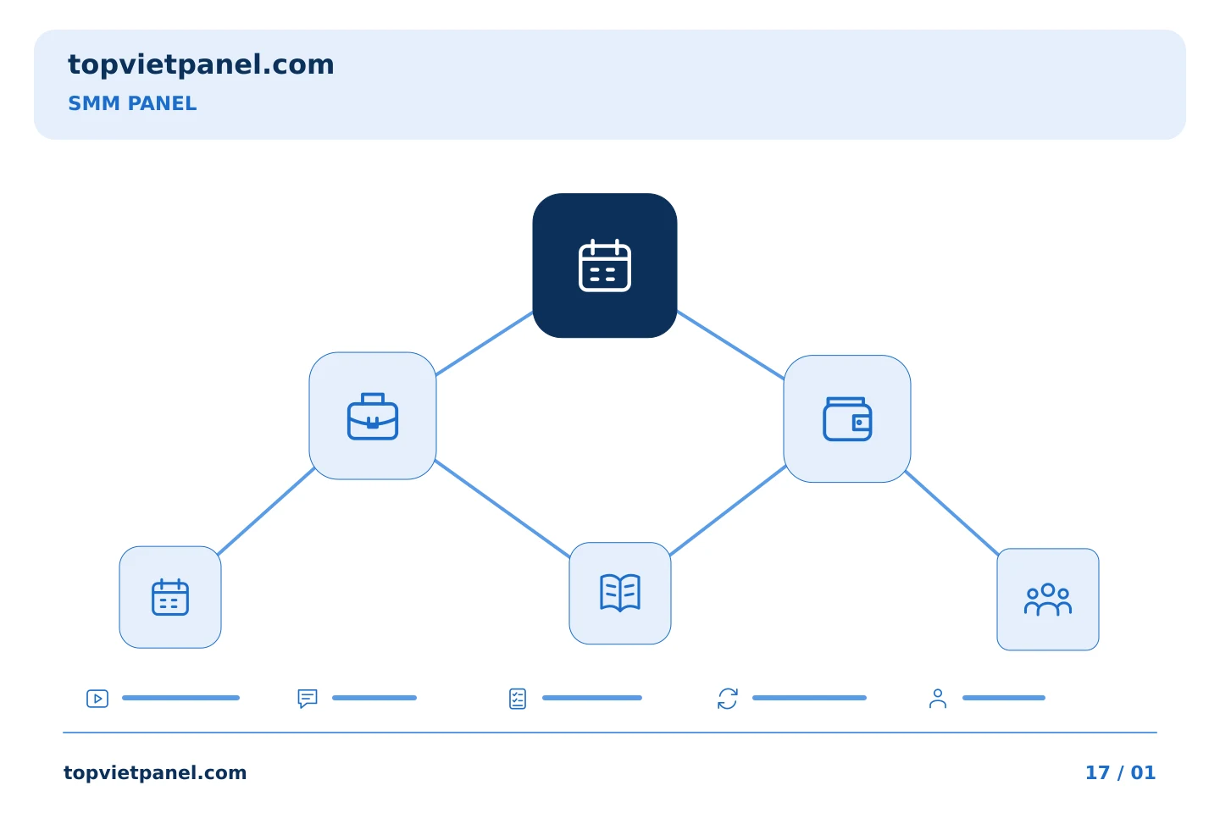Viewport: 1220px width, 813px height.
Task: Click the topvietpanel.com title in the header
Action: pos(201,65)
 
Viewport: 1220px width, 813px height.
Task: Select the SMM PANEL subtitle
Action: pos(132,103)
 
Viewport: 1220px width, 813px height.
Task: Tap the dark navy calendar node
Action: pos(605,265)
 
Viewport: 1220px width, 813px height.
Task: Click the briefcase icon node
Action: pos(373,416)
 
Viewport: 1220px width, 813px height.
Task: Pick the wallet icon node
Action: pos(847,418)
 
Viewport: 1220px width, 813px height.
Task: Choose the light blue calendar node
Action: pos(170,597)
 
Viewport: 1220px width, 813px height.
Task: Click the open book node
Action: pos(620,593)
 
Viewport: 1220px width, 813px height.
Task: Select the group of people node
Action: pos(1048,599)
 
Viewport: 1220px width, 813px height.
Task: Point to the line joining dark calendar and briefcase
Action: pos(485,343)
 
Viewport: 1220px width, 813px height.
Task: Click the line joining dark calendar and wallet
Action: pos(730,345)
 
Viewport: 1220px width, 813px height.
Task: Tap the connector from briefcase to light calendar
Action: pos(266,512)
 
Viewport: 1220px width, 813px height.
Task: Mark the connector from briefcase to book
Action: pos(502,509)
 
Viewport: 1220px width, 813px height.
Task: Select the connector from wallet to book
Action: pos(728,510)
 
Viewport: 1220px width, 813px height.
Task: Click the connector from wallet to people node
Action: pos(951,513)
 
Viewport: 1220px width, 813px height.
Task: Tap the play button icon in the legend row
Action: pos(97,698)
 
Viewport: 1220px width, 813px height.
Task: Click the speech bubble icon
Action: pos(308,698)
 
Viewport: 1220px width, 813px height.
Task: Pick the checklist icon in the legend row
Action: pos(518,699)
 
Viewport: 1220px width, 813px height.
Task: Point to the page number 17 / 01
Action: pos(1120,772)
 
